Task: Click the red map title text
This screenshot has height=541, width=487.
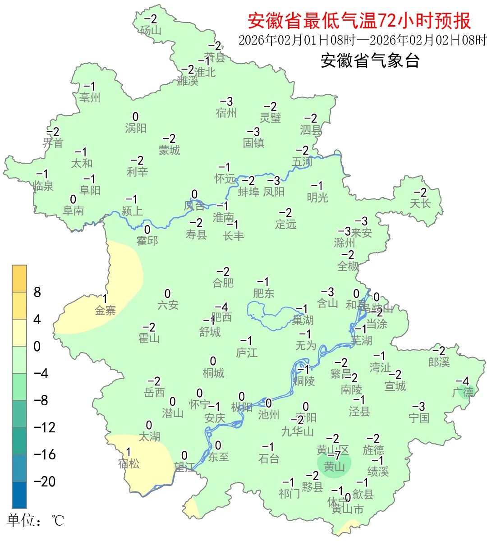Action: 359,21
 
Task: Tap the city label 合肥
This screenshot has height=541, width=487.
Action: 223,283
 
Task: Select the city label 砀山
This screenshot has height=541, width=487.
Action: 151,30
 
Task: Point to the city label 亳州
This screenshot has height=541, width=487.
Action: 90,97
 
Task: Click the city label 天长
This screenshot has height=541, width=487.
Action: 420,203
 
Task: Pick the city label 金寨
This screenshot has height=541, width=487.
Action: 106,310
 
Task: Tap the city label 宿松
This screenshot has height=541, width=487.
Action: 129,463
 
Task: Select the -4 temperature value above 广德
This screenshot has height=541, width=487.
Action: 463,381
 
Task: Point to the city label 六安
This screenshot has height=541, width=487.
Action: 168,305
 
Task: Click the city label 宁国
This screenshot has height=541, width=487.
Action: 419,418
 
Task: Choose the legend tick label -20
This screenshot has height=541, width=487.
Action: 45,481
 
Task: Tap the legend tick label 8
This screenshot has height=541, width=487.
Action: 37,293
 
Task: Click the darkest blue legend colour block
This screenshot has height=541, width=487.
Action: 19,495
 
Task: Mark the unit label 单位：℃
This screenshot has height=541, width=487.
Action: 36,521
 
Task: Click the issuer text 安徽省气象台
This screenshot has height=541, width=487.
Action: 370,61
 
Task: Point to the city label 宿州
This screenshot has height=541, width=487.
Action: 226,113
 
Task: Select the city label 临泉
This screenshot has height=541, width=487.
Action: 43,185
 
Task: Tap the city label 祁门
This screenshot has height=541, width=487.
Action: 289,494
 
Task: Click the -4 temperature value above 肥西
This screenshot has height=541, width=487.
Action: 221,307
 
